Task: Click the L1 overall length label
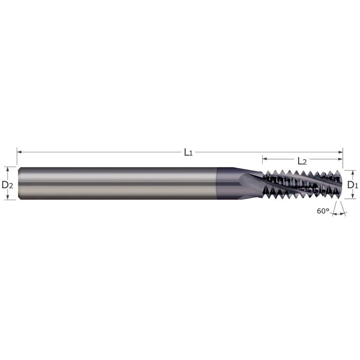pyautogui.click(x=188, y=152)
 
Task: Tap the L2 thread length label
pyautogui.click(x=302, y=161)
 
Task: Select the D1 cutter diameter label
pyautogui.click(x=352, y=185)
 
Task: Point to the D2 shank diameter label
pyautogui.click(x=7, y=185)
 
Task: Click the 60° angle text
pyautogui.click(x=323, y=211)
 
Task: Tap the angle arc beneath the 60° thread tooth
pyautogui.click(x=338, y=214)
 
